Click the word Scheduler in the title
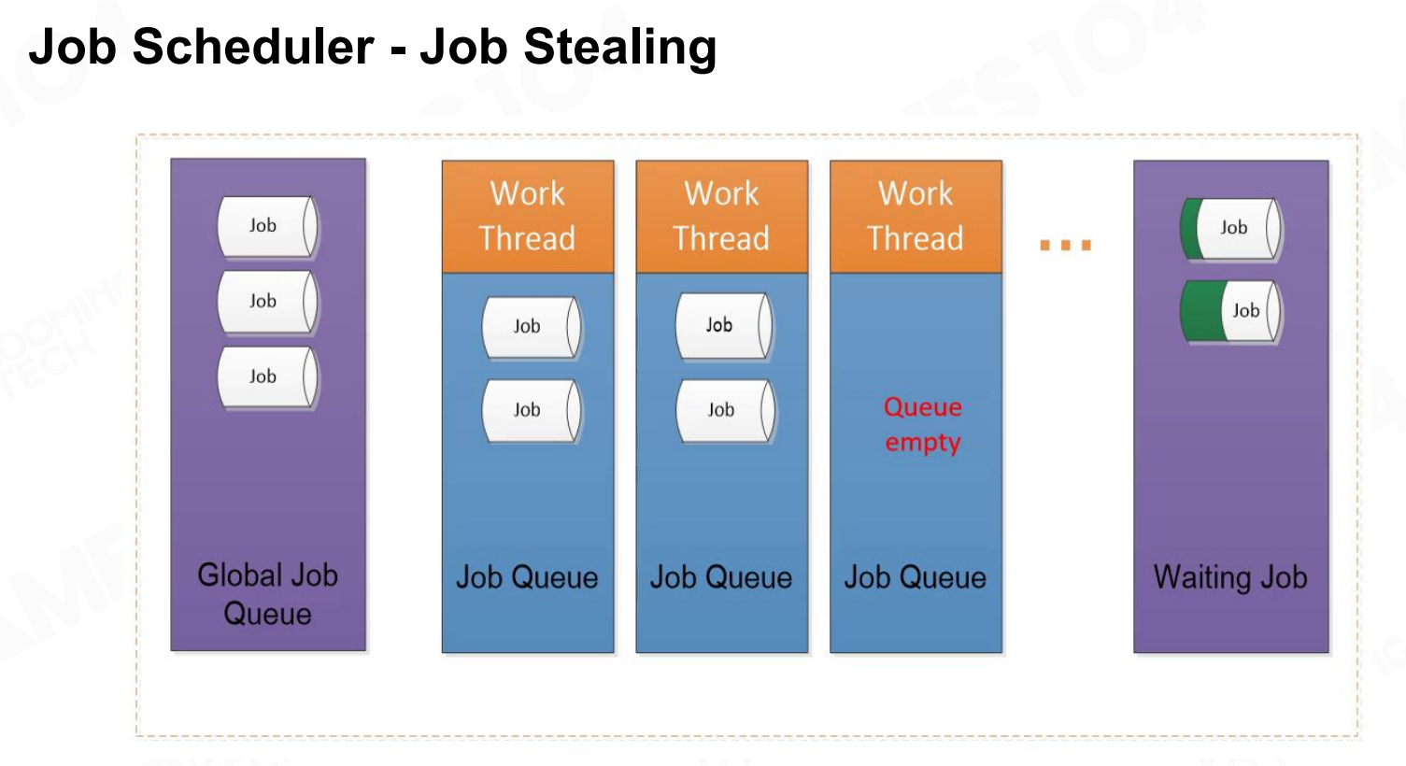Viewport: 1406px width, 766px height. (253, 46)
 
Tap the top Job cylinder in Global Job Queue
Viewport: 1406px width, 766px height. (267, 226)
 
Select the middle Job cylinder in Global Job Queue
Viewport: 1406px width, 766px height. (267, 302)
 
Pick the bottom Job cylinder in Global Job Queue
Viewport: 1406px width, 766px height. (267, 376)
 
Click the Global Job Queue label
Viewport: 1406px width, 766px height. (268, 594)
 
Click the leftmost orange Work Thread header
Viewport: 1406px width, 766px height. (528, 217)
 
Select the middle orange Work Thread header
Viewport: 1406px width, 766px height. (722, 217)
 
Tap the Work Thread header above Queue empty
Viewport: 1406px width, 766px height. (916, 217)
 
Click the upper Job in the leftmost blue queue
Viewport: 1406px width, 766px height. (532, 327)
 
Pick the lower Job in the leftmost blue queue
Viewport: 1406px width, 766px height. (532, 411)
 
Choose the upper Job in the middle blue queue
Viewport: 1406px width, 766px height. (724, 325)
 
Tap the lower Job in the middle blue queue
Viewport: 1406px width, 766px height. (726, 411)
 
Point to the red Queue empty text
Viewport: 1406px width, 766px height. (923, 425)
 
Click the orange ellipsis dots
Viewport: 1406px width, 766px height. (1066, 245)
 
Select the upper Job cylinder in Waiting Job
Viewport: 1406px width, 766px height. (1231, 228)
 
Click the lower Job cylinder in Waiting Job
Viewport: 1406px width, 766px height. (1231, 311)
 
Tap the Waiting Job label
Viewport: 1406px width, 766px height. (1230, 577)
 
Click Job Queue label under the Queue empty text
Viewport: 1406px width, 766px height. (916, 577)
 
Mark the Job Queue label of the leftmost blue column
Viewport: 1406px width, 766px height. (527, 577)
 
